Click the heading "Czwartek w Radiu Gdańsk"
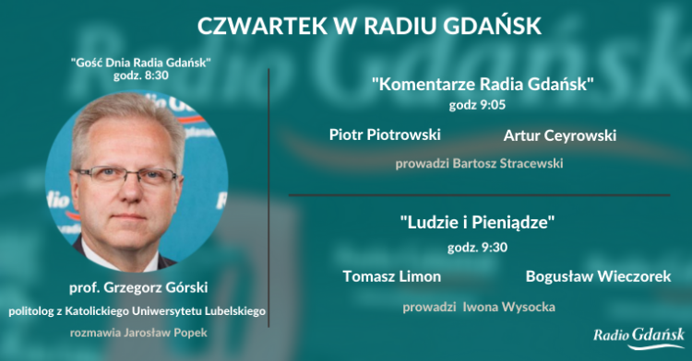[369, 25]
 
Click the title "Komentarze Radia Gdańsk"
[482, 85]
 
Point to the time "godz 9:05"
[478, 105]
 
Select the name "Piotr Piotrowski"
[385, 134]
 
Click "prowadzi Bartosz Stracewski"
[479, 164]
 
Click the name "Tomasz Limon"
[391, 276]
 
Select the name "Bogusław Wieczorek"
[598, 276]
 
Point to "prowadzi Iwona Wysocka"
[478, 306]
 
